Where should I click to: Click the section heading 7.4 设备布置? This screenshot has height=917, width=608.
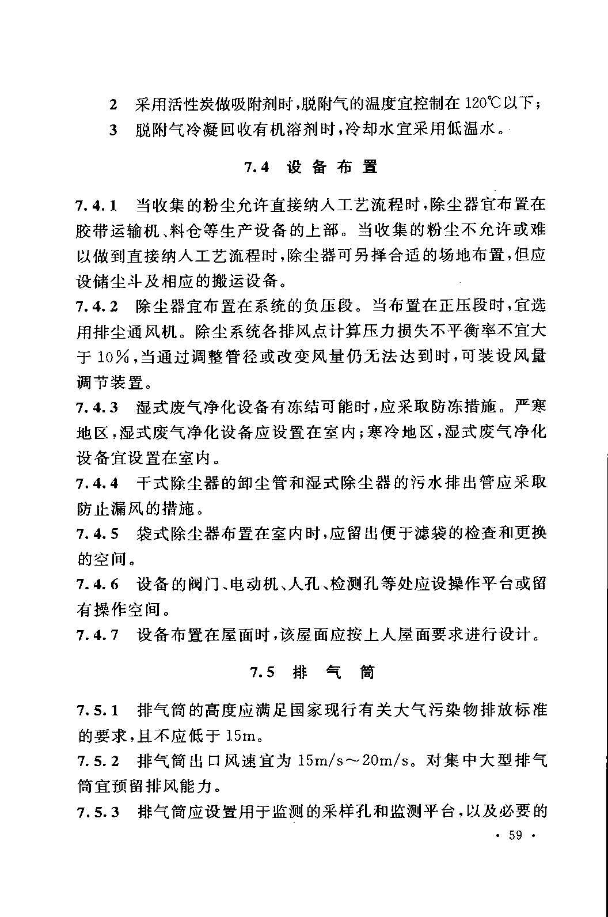(311, 168)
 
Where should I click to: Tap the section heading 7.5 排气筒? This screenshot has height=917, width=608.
(312, 672)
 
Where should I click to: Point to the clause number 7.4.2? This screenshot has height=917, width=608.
(97, 306)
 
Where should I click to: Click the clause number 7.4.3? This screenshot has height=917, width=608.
(97, 408)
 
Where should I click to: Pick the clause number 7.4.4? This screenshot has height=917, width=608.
(97, 483)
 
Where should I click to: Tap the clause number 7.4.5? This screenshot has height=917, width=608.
(97, 534)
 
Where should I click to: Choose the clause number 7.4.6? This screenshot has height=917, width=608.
(97, 584)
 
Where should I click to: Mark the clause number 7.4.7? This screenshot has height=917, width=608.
(97, 635)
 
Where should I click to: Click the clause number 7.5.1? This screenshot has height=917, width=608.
(97, 710)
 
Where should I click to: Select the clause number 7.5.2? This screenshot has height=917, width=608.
(97, 760)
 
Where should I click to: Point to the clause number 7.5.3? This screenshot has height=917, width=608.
(97, 812)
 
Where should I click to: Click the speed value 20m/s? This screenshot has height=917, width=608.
(388, 761)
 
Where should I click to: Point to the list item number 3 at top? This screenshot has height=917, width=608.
(113, 130)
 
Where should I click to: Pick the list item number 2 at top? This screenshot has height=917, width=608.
(113, 105)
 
